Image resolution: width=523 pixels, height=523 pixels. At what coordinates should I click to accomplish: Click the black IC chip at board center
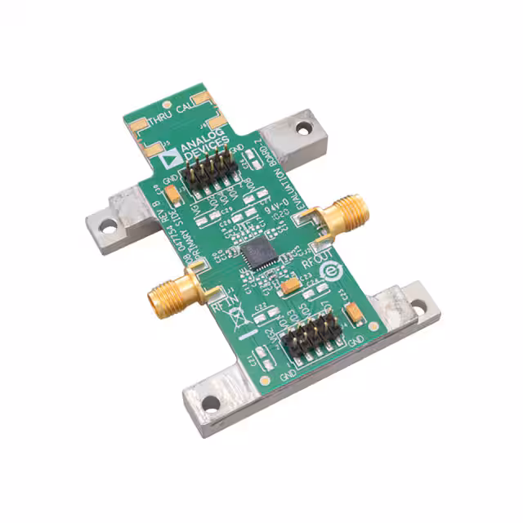pyautogui.click(x=259, y=252)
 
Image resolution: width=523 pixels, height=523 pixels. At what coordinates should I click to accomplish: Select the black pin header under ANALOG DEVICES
pyautogui.click(x=210, y=172)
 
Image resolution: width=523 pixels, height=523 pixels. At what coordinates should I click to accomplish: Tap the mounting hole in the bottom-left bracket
pyautogui.click(x=211, y=402)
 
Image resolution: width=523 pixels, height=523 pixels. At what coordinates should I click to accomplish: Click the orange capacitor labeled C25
pyautogui.click(x=355, y=312)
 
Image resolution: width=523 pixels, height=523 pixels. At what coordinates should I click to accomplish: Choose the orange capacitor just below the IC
pyautogui.click(x=290, y=285)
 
